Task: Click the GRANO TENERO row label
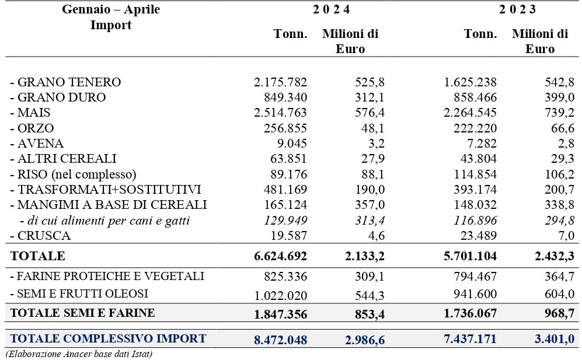[65, 82]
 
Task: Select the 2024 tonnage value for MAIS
[280, 113]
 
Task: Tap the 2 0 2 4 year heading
[331, 9]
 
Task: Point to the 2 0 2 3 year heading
[517, 9]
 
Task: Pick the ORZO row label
[32, 128]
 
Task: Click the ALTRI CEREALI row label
[63, 159]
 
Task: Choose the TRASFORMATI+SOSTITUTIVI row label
[106, 189]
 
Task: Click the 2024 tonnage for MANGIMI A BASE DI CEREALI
[285, 205]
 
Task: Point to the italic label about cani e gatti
[105, 221]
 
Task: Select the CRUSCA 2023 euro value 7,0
[565, 236]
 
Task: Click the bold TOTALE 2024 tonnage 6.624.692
[280, 256]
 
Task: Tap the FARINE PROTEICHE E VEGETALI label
[107, 276]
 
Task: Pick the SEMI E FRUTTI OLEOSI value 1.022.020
[281, 295]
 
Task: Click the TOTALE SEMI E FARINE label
[82, 313]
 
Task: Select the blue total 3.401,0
[555, 339]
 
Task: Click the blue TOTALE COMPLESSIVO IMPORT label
[108, 338]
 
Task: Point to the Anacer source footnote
[79, 354]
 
